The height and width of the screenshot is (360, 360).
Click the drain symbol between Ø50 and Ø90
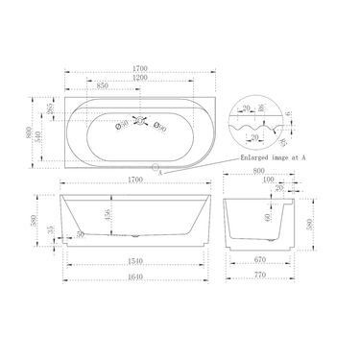142,122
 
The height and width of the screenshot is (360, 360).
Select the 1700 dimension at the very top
142,69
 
